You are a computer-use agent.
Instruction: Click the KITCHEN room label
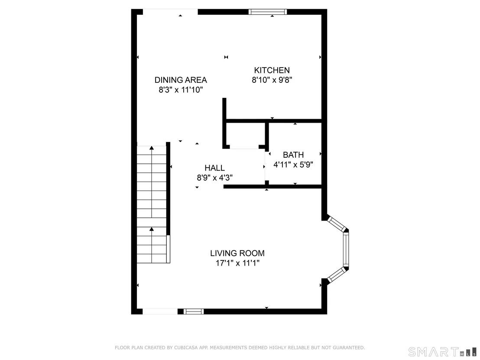click(272, 70)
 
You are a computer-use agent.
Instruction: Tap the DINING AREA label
click(181, 80)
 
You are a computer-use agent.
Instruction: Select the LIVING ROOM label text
click(237, 253)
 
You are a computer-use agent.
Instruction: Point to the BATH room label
click(293, 155)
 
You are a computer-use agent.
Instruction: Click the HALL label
click(214, 168)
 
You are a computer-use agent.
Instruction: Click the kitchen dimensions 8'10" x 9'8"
click(272, 80)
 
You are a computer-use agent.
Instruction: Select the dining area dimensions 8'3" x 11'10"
click(181, 90)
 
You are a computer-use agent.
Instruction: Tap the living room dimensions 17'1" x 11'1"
click(237, 263)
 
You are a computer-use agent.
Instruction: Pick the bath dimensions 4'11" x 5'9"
click(293, 165)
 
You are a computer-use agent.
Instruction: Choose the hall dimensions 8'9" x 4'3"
click(214, 178)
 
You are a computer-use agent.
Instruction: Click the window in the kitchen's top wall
click(268, 12)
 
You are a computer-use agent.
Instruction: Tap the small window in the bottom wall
click(194, 311)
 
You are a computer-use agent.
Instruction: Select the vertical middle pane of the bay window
click(346, 249)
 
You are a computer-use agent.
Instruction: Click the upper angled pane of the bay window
click(336, 224)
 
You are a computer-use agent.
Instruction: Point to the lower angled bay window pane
click(336, 275)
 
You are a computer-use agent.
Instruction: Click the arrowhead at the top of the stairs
click(152, 148)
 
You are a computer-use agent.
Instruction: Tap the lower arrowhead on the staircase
click(152, 229)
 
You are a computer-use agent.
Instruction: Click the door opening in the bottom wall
click(160, 311)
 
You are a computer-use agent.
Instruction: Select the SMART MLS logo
click(442, 352)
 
